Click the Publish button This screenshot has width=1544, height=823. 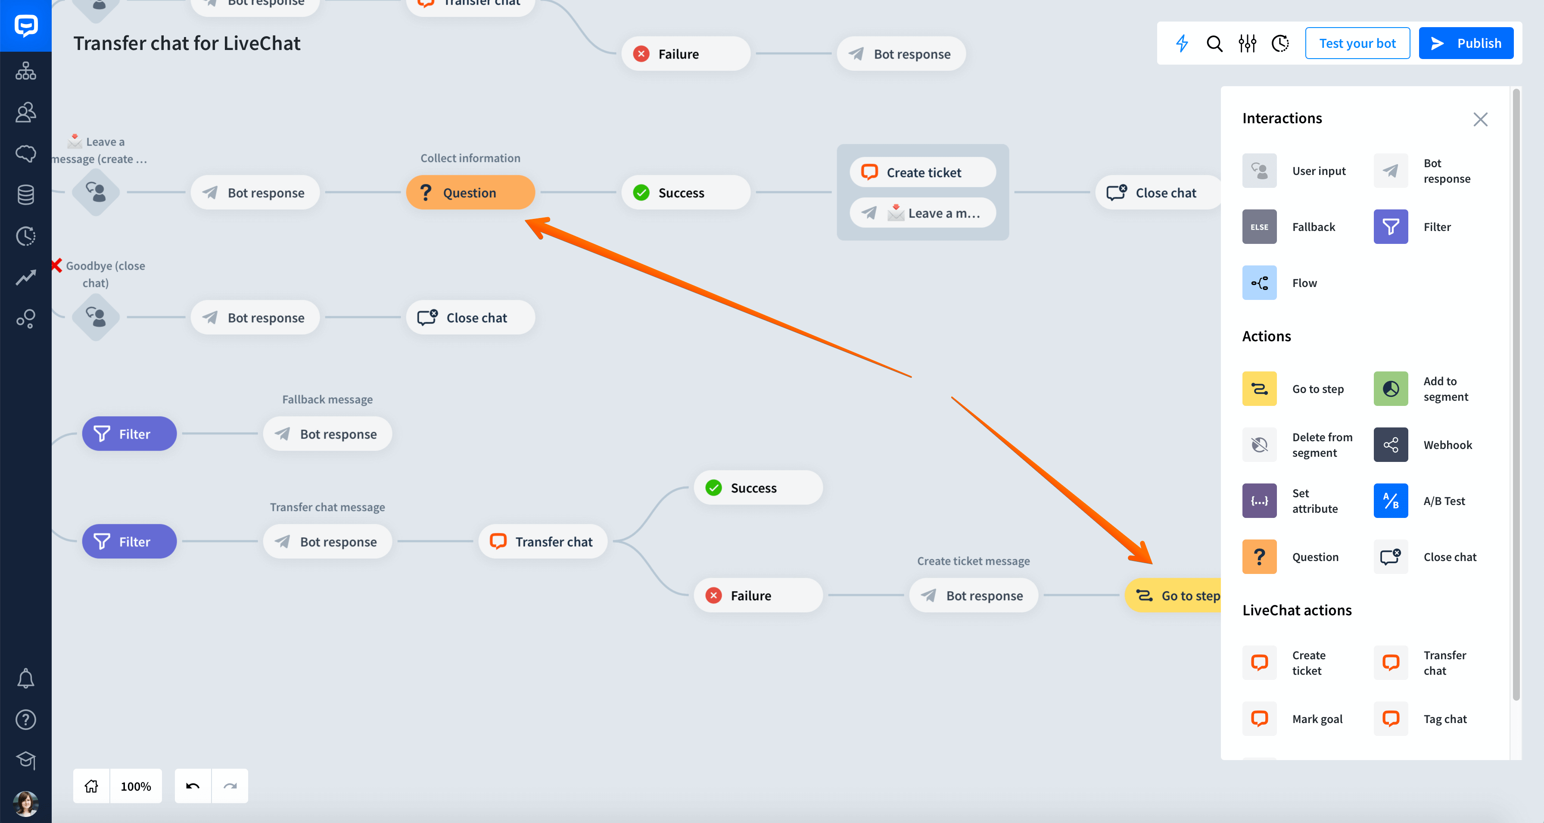coord(1466,43)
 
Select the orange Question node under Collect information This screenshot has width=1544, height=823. coord(470,193)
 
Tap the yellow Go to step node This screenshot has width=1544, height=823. coord(1173,595)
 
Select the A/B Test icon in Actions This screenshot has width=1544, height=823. coord(1391,501)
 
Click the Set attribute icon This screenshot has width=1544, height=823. coord(1259,501)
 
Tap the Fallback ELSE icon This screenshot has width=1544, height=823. coord(1259,227)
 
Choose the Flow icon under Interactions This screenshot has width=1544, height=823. coord(1259,283)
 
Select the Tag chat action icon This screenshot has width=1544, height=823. coord(1391,719)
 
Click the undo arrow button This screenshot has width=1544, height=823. coord(193,786)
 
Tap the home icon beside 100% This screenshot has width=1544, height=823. coord(91,786)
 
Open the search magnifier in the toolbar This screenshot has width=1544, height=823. coord(1214,43)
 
